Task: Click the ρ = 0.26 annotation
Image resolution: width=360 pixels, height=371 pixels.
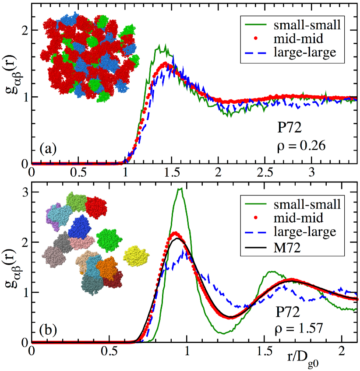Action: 298,147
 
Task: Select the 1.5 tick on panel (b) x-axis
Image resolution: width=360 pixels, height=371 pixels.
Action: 265,351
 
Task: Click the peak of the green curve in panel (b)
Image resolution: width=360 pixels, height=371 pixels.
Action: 180,189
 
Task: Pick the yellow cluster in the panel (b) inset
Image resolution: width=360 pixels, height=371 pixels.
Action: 136,255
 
